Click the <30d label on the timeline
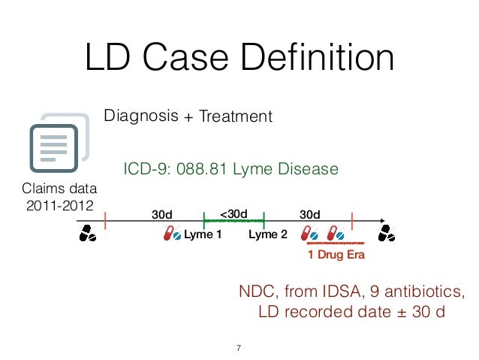(233, 213)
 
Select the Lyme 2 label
(268, 234)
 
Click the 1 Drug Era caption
(336, 256)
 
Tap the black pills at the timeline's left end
(88, 234)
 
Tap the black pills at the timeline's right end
(386, 234)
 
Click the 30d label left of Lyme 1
(162, 216)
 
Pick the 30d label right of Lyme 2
(309, 216)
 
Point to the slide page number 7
(238, 347)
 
